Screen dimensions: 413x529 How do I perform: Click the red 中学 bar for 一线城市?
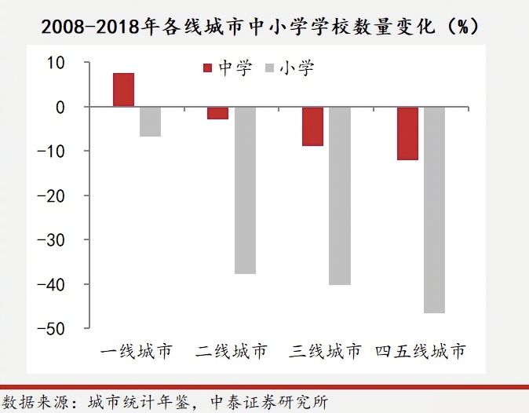point(123,90)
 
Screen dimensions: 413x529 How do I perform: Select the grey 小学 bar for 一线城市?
point(150,121)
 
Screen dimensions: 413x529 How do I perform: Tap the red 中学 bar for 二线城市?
point(217,112)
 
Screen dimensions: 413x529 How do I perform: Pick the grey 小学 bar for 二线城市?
point(245,190)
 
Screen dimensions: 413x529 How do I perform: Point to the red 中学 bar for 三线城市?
point(312,126)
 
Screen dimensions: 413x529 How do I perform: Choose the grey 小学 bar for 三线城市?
point(339,196)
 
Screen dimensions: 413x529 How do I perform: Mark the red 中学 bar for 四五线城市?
point(407,133)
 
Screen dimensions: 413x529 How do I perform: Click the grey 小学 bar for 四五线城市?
point(434,210)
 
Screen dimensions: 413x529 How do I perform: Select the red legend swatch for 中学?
point(208,69)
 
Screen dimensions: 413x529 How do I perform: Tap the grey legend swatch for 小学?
point(271,69)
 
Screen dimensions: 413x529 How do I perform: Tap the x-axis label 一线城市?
point(137,350)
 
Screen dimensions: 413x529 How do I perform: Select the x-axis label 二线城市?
point(231,350)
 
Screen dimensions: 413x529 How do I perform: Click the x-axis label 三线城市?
point(326,350)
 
